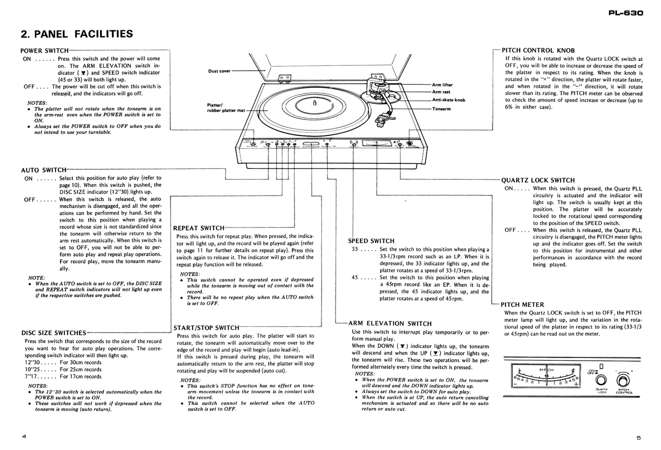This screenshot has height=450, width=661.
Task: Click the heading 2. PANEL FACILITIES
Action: [77, 34]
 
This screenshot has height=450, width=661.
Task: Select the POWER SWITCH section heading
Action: [44, 51]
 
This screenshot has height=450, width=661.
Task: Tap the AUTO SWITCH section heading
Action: [43, 170]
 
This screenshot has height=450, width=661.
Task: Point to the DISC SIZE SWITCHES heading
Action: [54, 333]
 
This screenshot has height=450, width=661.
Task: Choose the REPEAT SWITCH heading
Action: [199, 228]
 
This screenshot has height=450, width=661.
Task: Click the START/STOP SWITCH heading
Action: [206, 328]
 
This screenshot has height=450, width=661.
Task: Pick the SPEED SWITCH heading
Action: [371, 241]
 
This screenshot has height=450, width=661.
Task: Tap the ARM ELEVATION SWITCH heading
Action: [390, 323]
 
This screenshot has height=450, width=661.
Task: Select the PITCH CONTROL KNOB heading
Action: [538, 50]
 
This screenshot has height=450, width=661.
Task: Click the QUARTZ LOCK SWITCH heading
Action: [538, 180]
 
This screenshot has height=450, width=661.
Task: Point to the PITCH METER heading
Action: [522, 304]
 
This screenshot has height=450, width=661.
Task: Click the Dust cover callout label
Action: [219, 71]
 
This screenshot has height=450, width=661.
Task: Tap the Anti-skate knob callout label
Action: [448, 100]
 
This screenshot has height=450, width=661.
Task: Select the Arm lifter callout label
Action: [442, 85]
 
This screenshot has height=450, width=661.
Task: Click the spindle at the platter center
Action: [314, 103]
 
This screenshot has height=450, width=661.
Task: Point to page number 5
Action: [638, 438]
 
